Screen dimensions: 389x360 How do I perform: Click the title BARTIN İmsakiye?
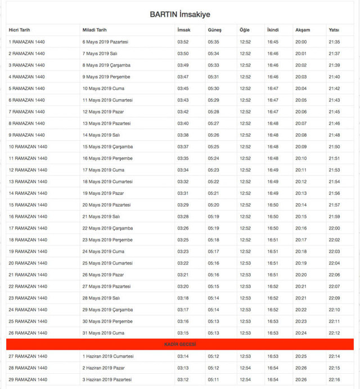180,14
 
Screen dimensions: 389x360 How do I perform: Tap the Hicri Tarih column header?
20,29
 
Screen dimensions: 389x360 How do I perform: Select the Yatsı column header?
334,29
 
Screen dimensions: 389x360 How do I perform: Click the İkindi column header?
273,29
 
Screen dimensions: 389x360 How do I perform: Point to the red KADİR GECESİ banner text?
180,344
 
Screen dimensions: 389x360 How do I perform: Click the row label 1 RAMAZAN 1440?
26,42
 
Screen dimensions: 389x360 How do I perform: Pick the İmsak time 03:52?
183,42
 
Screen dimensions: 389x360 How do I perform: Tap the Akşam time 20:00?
301,42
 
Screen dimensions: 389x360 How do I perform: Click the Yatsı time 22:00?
334,228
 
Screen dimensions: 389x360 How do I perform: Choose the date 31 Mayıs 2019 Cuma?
103,333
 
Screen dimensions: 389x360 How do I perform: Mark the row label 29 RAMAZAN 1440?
28,379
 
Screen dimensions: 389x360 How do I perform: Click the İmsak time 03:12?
183,379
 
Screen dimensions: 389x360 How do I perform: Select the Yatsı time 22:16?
334,379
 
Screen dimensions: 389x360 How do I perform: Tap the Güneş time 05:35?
213,42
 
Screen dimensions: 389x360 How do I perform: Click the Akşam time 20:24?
301,333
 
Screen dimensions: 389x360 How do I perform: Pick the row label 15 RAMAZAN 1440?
28,205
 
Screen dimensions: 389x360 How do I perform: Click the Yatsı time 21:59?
334,217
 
